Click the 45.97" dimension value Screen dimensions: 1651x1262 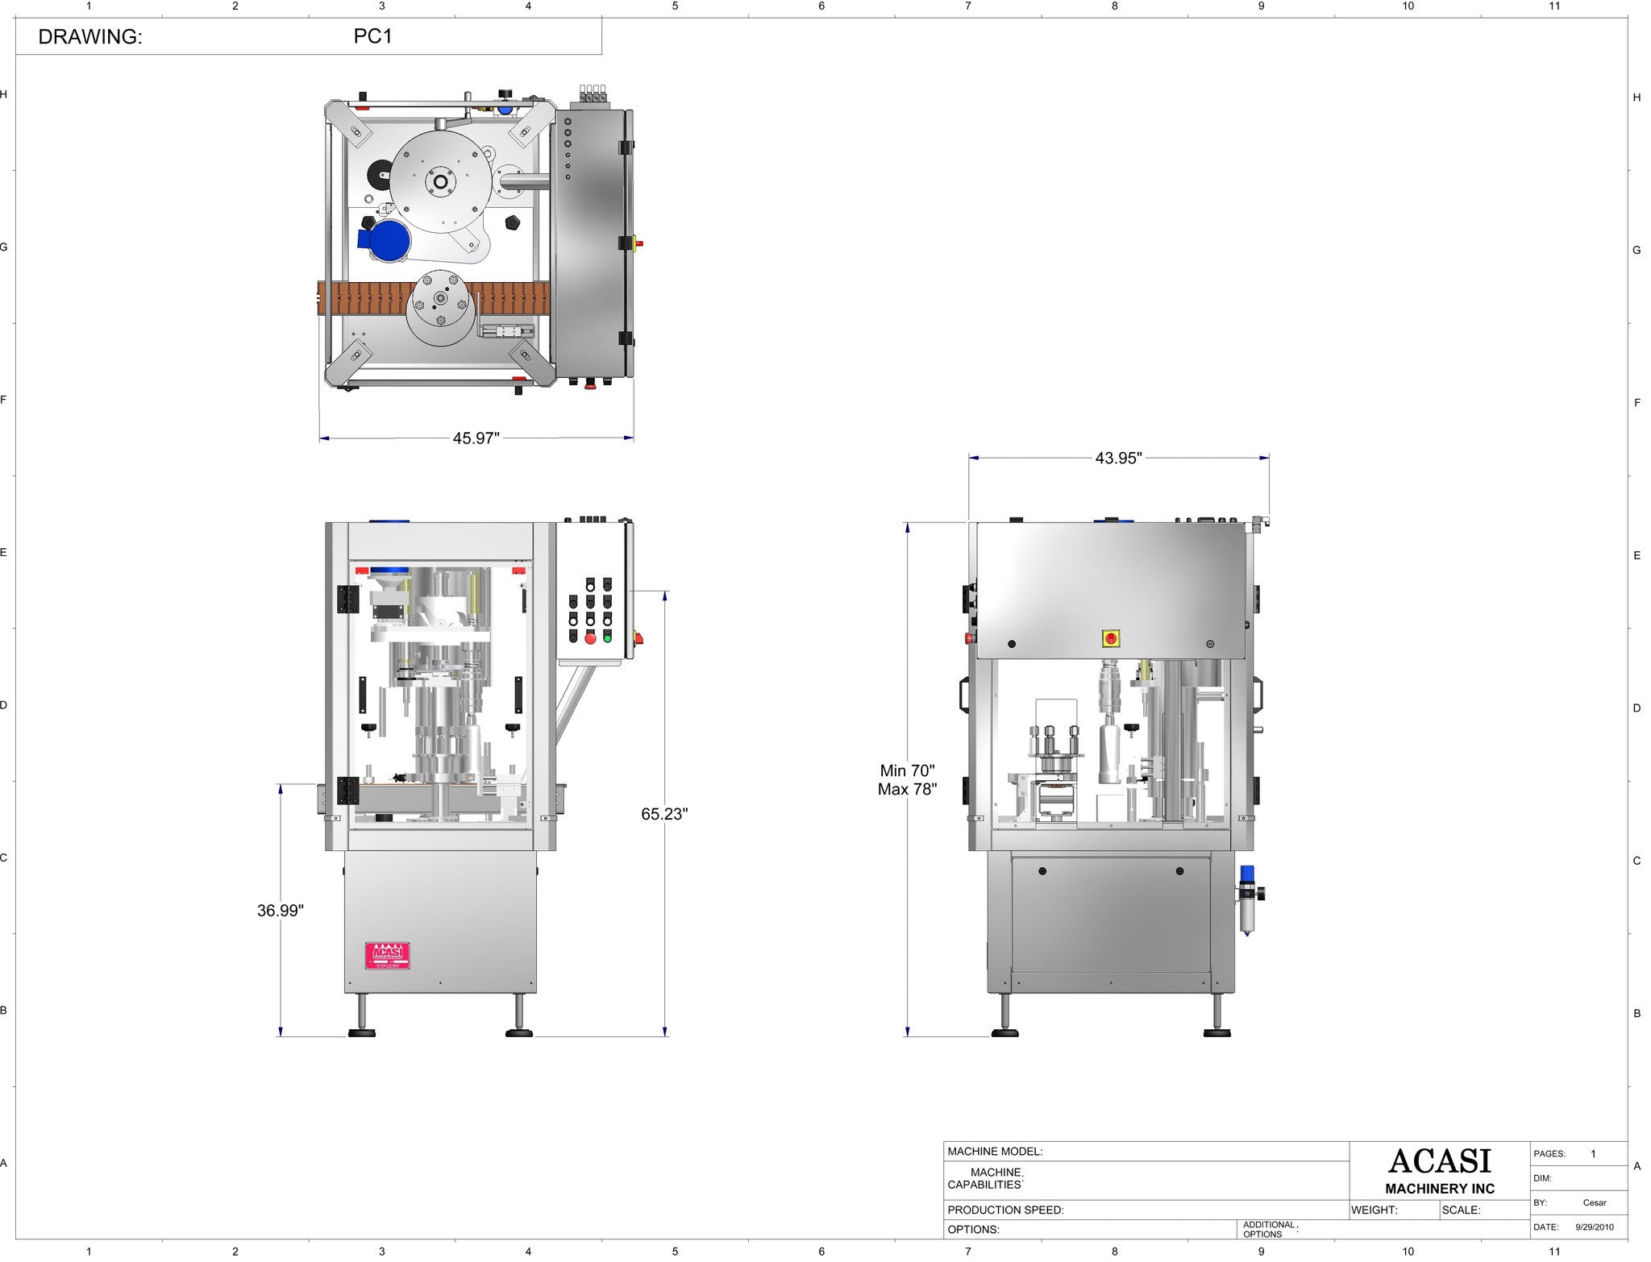pos(476,438)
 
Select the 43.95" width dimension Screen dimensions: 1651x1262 pos(1118,458)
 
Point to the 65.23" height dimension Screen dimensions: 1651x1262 pos(664,814)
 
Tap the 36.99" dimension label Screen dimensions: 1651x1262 pos(281,911)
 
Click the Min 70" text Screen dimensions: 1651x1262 pos(907,771)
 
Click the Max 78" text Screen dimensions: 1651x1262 pos(907,790)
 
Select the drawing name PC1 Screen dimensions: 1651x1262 pos(372,36)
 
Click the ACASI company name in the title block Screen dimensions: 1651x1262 pos(1440,1161)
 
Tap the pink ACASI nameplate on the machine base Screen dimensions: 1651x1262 pos(387,955)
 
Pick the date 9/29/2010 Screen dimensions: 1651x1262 pos(1595,1227)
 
